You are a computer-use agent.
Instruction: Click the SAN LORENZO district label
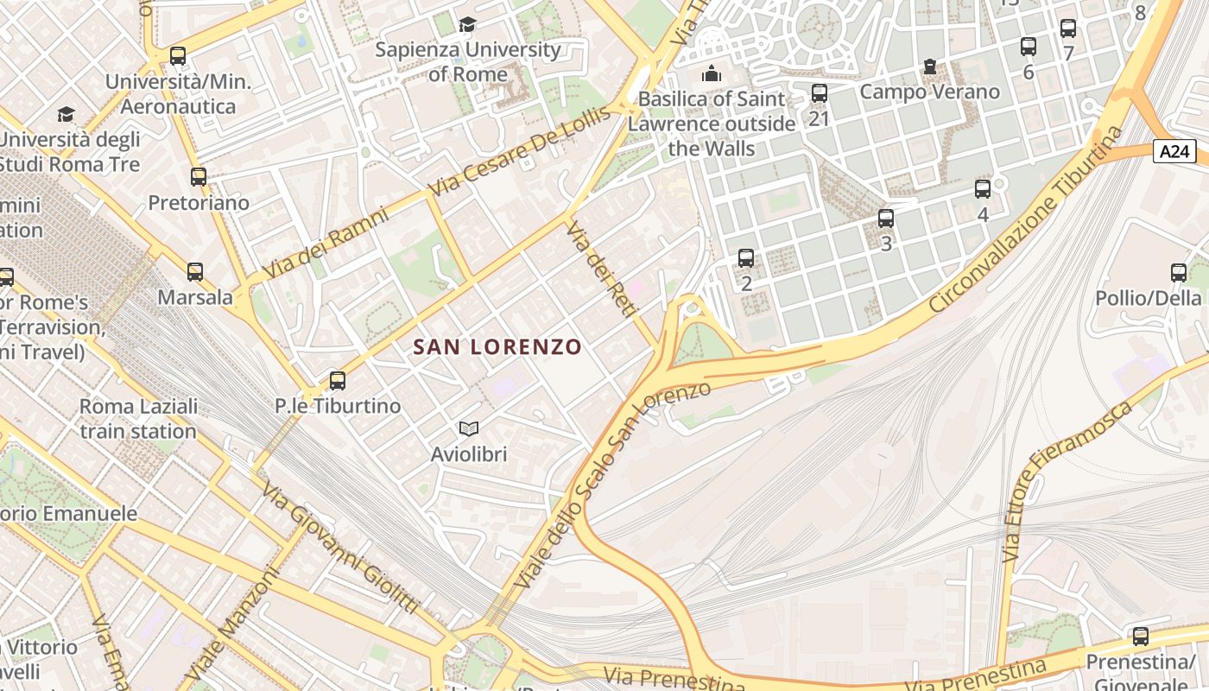[x=497, y=347]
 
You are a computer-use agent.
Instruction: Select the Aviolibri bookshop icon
[x=469, y=428]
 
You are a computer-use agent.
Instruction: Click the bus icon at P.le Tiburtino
[x=338, y=380]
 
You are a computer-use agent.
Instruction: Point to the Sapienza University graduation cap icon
[x=468, y=24]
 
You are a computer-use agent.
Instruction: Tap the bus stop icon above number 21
[x=820, y=92]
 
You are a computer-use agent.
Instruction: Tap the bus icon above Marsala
[x=195, y=272]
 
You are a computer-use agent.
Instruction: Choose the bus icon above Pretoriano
[x=199, y=177]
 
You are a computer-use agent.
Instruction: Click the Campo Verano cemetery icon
[x=929, y=67]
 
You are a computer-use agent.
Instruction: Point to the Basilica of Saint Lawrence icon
[x=712, y=73]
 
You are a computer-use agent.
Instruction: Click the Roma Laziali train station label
[x=138, y=418]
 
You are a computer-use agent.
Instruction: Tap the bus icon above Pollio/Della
[x=1179, y=273]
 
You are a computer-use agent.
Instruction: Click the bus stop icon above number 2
[x=746, y=257]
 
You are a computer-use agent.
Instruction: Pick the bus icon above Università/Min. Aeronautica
[x=178, y=56]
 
